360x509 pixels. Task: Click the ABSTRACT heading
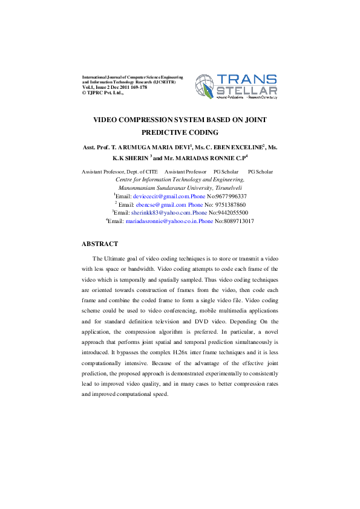(x=100, y=244)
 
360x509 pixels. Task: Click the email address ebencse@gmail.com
(x=162, y=205)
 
